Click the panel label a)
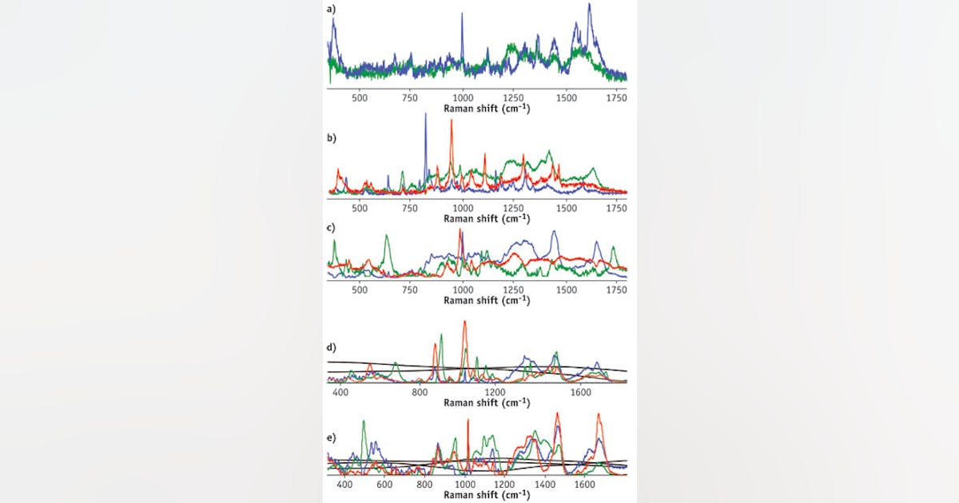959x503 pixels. pos(332,10)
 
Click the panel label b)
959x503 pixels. pos(332,137)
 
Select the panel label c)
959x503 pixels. pos(332,227)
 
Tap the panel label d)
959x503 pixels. pos(332,347)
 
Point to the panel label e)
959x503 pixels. pos(332,438)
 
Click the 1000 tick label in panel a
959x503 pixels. pos(463,97)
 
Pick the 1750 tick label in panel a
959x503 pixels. pos(615,97)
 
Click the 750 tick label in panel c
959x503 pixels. pos(412,288)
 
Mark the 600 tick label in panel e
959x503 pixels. pos(384,484)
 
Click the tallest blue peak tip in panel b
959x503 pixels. pos(425,113)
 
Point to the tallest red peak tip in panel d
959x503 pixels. pos(464,321)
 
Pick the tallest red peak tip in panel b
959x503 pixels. pos(452,120)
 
